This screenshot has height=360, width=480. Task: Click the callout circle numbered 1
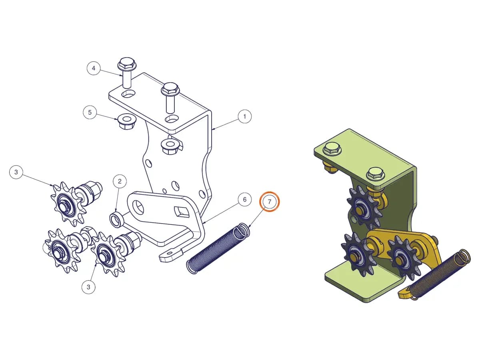coord(244,116)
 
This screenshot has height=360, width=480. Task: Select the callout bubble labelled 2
coord(120,181)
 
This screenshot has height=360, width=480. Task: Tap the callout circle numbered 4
coord(94,68)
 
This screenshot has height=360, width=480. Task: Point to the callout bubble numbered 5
coord(90,112)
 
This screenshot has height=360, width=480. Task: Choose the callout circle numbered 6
coord(244,199)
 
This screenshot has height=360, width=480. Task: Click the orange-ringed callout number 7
coord(270,202)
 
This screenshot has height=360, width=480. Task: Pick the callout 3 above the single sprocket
coord(16,172)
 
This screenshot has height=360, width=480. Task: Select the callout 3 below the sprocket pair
coord(88,287)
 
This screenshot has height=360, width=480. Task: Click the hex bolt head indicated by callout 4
coord(126,63)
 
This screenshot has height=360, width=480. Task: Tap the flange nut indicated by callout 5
coord(126,122)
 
